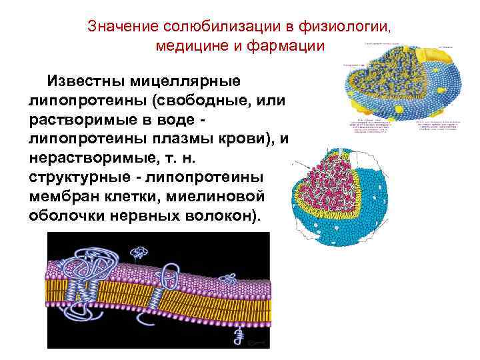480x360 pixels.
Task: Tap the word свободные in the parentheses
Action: (209, 101)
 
